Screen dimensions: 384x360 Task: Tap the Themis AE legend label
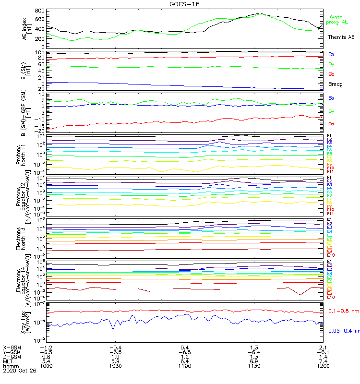pos(341,37)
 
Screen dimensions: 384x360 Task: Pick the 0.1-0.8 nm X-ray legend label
pos(343,312)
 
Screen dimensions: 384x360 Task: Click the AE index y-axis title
pos(27,28)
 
